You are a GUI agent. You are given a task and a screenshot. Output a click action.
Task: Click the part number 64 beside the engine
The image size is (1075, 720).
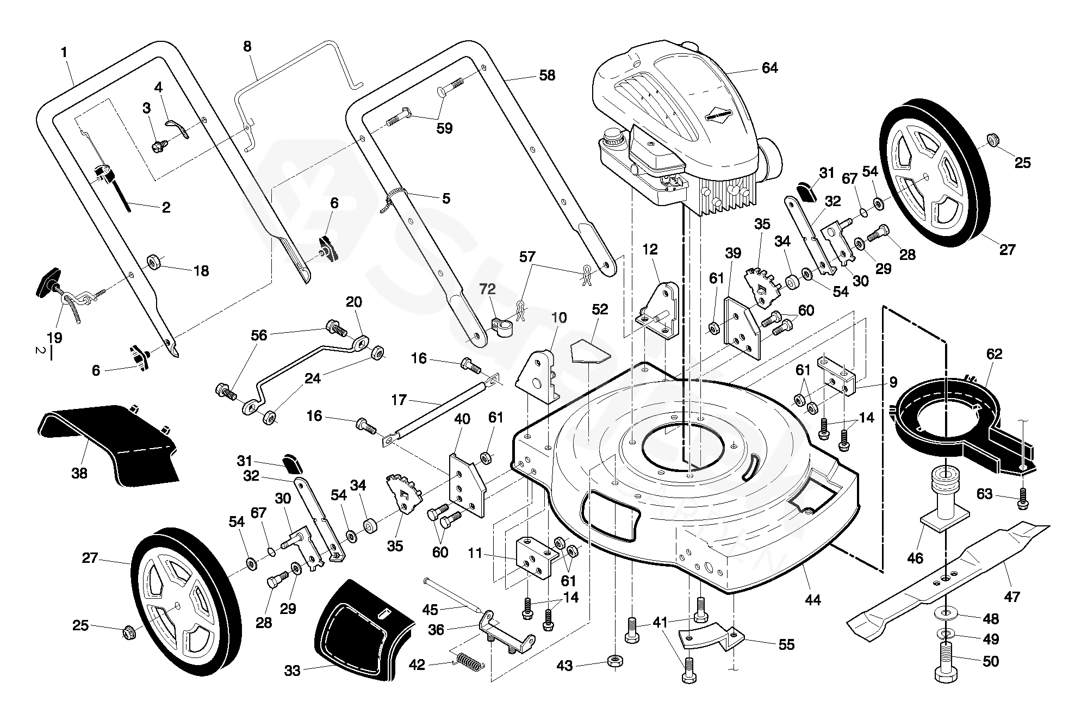[x=769, y=68]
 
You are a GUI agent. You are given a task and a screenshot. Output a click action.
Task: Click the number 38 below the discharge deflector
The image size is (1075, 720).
[x=79, y=473]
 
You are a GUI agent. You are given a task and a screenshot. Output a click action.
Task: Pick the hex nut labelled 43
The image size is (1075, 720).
[x=614, y=662]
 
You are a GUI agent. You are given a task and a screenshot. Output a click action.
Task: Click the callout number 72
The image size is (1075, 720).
[x=487, y=289]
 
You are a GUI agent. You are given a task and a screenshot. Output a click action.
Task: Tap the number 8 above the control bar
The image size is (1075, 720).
[x=247, y=46]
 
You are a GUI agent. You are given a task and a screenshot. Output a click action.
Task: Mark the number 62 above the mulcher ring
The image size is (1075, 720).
[x=994, y=354]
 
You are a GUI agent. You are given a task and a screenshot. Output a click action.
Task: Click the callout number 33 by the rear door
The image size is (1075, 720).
[x=292, y=671]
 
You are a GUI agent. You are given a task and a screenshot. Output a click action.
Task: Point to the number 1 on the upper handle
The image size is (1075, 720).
[x=64, y=53]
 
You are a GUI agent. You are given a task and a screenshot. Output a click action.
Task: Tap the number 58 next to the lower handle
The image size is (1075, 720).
[x=547, y=76]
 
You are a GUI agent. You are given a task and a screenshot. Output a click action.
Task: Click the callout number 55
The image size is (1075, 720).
[x=786, y=644]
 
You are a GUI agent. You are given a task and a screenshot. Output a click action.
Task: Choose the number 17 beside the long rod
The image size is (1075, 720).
[x=399, y=400]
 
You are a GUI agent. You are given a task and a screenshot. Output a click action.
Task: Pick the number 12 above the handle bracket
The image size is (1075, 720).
[x=650, y=250]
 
